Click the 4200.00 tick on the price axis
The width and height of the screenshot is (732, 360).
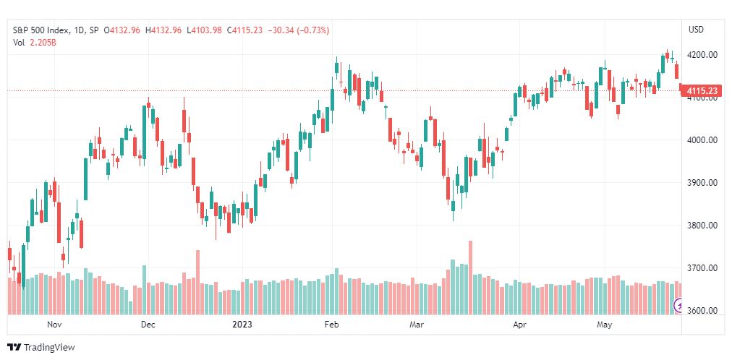(702, 55)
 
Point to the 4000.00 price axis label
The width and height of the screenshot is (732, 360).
(702, 140)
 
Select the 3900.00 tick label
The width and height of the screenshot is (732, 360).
(702, 183)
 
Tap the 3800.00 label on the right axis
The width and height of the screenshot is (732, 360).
(702, 226)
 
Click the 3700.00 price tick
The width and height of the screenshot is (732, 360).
(702, 268)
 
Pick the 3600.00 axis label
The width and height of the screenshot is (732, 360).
(702, 311)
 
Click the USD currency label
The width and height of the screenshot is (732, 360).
(696, 30)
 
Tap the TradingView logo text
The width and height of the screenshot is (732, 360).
(49, 348)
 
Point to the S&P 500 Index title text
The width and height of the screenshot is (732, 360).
(41, 30)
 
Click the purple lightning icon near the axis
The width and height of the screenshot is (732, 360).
(678, 306)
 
